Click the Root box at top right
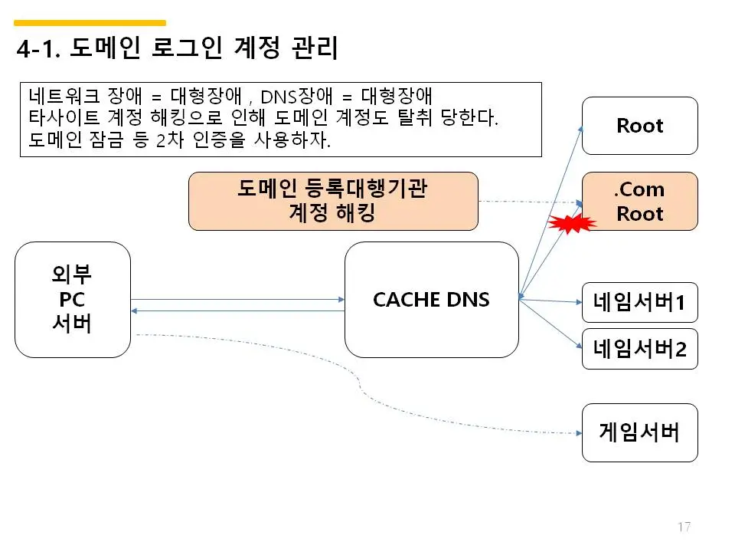639,126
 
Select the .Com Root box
639,201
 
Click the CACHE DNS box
431,299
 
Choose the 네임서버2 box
639,349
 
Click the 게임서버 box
639,432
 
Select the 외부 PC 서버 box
72,299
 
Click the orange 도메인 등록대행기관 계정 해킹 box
333,201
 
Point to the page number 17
684,527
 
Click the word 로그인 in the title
169,49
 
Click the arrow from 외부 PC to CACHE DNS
237,300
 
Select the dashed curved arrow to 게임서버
360,383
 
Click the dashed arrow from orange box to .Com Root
528,202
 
